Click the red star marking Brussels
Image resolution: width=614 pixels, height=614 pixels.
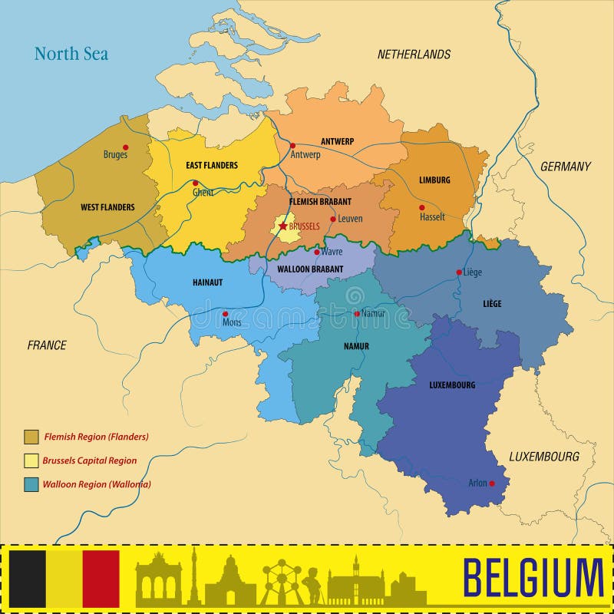tap(282, 226)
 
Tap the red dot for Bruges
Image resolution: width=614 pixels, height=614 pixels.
tap(126, 147)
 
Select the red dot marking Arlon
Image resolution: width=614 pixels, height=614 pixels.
tap(491, 483)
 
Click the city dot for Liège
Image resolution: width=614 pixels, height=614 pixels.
tap(459, 272)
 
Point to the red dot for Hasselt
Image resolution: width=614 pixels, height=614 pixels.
tap(421, 207)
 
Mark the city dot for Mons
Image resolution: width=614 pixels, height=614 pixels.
tap(225, 313)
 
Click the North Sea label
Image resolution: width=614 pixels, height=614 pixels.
tap(71, 54)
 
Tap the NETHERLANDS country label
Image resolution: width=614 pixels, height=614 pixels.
tap(414, 54)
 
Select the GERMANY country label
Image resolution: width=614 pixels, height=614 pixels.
tap(565, 167)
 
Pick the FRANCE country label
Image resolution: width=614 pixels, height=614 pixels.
tap(47, 345)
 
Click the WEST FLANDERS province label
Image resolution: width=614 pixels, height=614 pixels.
tap(107, 207)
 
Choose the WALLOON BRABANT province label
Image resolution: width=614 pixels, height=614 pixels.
tap(311, 269)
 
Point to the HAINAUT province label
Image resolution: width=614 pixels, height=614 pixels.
tap(207, 282)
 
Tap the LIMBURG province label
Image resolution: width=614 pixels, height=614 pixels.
tap(434, 180)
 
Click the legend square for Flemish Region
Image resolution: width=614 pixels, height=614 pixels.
tap(31, 437)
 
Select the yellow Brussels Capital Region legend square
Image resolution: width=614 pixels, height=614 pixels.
tap(31, 460)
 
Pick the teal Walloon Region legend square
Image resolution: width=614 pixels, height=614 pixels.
tap(31, 484)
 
